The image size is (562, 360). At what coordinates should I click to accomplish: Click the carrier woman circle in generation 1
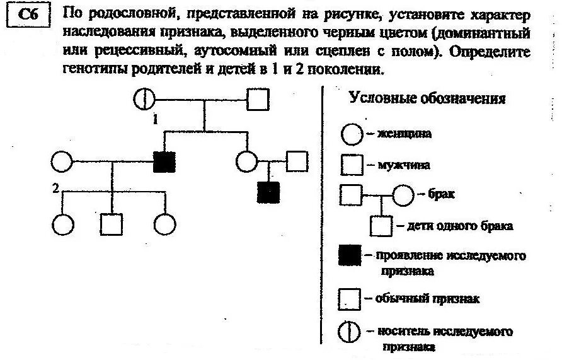click(x=145, y=99)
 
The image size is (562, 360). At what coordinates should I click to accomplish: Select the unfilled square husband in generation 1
click(x=257, y=99)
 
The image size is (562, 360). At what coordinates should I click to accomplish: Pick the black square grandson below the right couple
click(x=269, y=192)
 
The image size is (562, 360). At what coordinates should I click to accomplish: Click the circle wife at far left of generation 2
click(x=62, y=162)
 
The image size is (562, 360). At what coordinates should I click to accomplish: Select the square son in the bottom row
click(x=112, y=223)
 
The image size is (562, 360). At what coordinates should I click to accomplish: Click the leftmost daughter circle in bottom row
click(x=62, y=223)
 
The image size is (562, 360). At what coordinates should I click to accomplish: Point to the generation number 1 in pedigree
click(x=155, y=120)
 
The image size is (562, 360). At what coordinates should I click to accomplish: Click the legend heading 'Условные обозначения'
click(x=427, y=99)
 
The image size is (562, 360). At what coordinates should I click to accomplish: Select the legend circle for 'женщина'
click(x=351, y=134)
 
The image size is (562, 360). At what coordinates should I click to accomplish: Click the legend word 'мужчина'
click(x=404, y=165)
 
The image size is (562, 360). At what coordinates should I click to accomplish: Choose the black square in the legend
click(x=350, y=256)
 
